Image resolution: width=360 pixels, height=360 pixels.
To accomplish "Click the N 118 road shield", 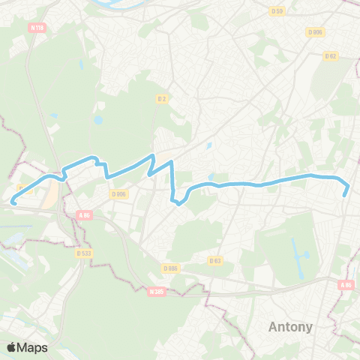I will point(37,28).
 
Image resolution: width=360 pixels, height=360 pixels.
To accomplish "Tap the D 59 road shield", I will point(277,10).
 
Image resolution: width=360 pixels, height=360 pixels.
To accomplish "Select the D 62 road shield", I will point(330,55).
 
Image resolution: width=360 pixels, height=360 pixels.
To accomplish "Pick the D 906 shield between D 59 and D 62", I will point(315,31).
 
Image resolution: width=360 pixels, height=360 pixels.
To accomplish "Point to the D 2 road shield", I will point(161,98).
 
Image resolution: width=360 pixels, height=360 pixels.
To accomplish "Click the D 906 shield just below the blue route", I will point(119,193).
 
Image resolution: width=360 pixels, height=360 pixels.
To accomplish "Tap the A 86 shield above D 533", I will point(84,214).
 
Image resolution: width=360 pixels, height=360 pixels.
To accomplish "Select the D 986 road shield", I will point(171,268).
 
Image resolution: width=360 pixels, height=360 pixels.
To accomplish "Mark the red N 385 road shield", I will point(156,291).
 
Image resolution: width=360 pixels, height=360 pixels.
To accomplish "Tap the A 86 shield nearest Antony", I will point(345,285).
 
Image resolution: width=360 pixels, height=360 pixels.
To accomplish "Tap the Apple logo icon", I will point(12,347).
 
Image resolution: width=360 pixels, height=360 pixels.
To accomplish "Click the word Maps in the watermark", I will point(32,347).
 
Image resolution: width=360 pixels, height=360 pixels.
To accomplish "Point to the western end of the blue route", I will point(12,201).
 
